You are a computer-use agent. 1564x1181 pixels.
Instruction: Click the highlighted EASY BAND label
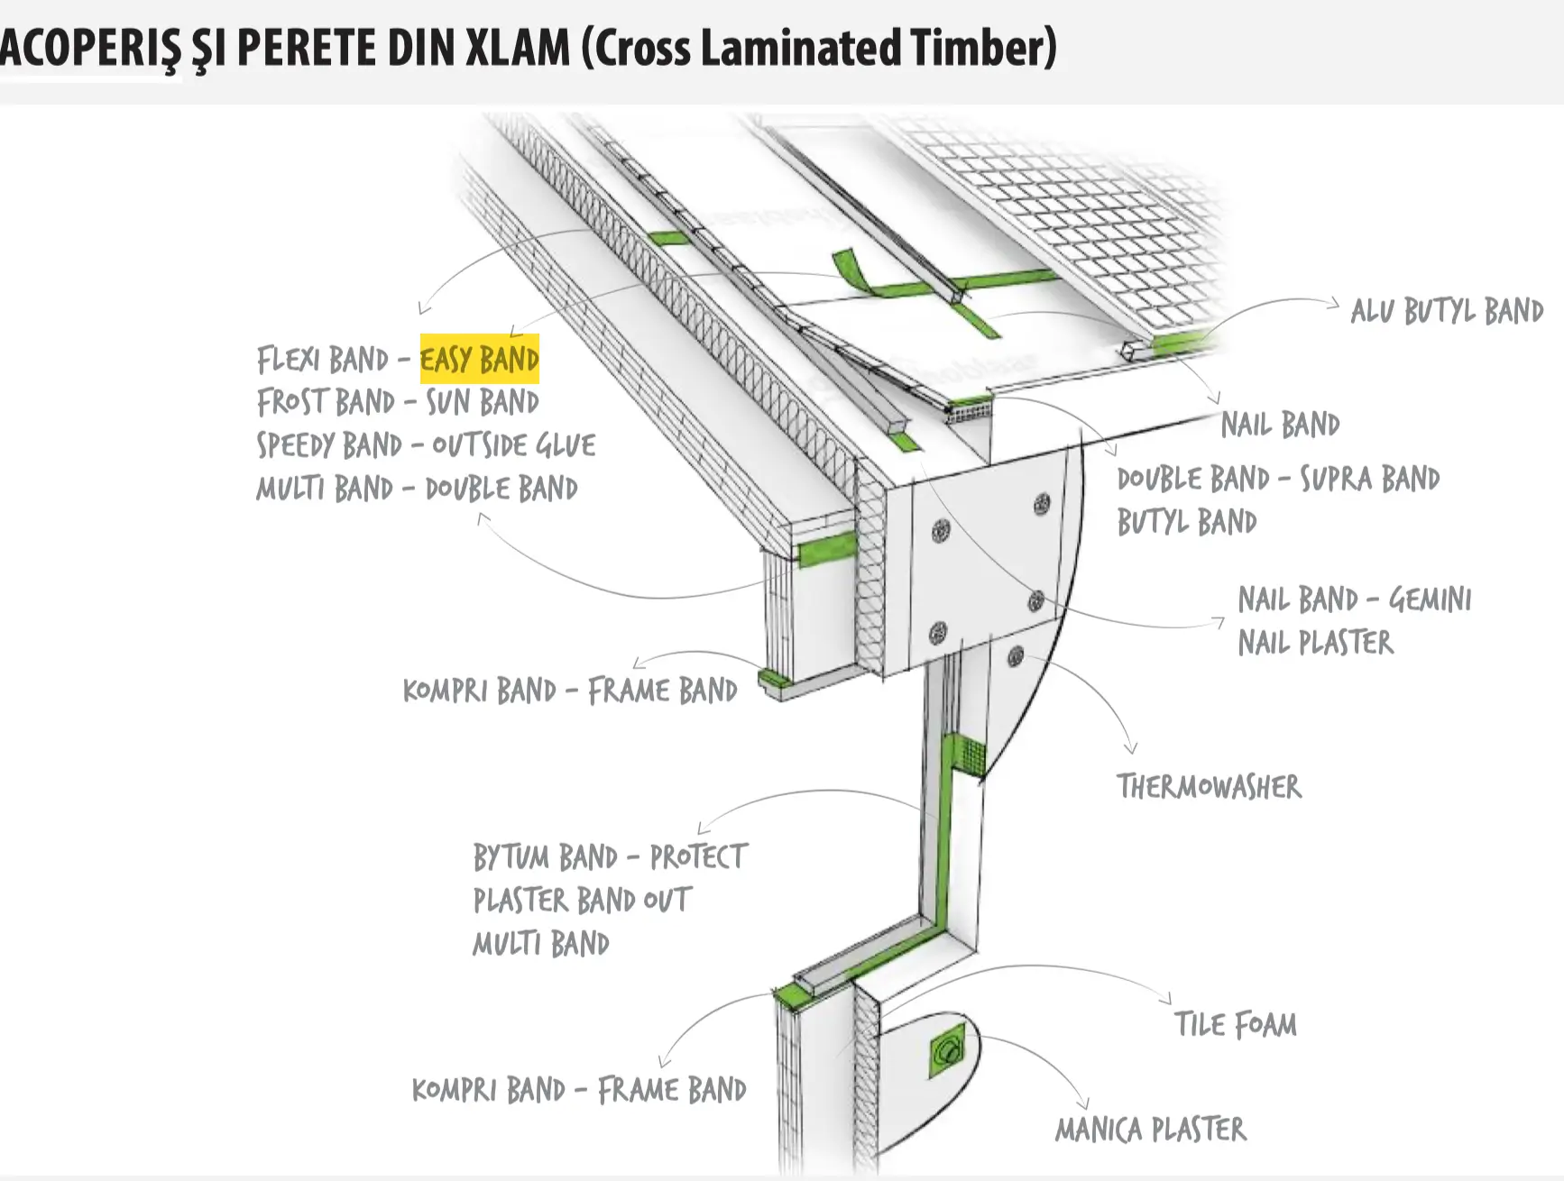point(479,360)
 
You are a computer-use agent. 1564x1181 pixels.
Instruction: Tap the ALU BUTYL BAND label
point(1447,311)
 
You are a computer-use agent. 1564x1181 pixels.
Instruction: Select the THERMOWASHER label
point(1209,787)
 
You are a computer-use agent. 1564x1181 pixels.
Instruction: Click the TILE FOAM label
point(1235,1025)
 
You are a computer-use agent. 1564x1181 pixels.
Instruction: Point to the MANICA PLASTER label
point(1151,1130)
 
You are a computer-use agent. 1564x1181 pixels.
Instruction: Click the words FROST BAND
point(326,402)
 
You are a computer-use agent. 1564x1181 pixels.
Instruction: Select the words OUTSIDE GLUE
point(513,445)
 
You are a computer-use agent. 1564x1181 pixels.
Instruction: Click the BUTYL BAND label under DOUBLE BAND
point(1186,522)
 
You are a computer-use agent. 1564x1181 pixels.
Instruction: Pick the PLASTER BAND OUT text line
point(582,900)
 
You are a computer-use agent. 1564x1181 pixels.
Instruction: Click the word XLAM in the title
point(517,48)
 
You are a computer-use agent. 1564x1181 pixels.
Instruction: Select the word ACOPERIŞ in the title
point(90,48)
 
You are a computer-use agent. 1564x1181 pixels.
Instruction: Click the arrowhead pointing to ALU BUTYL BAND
point(1334,304)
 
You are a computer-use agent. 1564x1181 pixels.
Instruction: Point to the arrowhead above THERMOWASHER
point(1131,747)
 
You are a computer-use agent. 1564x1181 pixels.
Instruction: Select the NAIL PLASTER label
point(1315,643)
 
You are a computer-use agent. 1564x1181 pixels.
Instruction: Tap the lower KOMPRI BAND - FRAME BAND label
point(579,1090)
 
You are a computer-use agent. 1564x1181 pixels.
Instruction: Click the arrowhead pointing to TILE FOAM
point(1166,997)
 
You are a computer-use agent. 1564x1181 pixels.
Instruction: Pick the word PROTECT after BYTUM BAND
point(698,856)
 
